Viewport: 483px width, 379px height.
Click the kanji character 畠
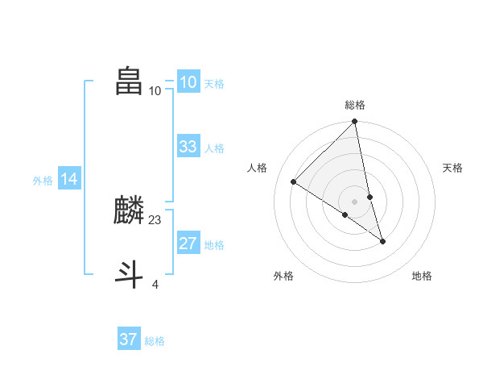(x=130, y=81)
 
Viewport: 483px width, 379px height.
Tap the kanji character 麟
(x=130, y=211)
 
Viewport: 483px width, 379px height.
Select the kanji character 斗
(x=130, y=275)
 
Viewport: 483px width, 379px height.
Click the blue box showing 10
(x=188, y=82)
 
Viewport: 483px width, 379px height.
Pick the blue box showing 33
(x=188, y=147)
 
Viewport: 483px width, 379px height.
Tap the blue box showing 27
(x=188, y=244)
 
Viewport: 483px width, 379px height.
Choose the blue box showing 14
(x=69, y=180)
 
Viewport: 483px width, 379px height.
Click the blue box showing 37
(x=128, y=339)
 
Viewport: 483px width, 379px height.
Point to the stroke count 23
(x=155, y=219)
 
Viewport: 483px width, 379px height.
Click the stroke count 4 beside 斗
(x=155, y=284)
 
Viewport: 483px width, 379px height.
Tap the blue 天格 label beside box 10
(x=214, y=84)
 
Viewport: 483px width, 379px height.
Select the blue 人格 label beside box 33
(x=214, y=148)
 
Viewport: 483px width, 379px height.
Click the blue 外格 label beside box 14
(x=43, y=181)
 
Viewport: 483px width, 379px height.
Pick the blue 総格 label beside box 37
(x=155, y=341)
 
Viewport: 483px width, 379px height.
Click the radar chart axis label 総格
(x=355, y=105)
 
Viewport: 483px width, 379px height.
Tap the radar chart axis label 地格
(x=422, y=277)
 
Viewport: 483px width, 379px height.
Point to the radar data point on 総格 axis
(x=355, y=122)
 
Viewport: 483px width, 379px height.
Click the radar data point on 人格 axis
(x=294, y=182)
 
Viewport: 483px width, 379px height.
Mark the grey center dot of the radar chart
(x=355, y=202)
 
